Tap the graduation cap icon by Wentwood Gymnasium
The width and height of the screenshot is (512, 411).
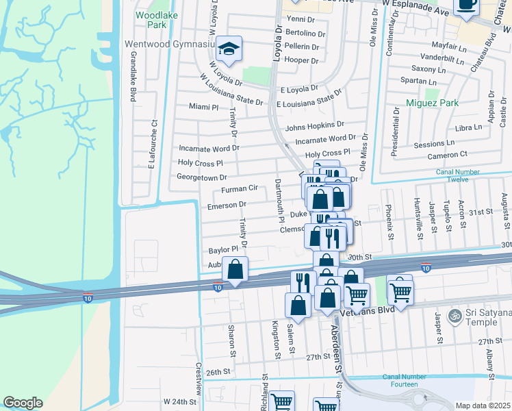point(230,49)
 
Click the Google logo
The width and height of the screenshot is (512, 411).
point(23,402)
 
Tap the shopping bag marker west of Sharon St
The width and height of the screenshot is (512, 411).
point(235,271)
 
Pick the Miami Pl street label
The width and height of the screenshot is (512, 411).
point(203,108)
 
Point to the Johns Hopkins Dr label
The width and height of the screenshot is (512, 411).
point(314,125)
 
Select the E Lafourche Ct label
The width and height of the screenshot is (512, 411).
point(154,145)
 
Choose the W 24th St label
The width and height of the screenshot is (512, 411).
point(179,400)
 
